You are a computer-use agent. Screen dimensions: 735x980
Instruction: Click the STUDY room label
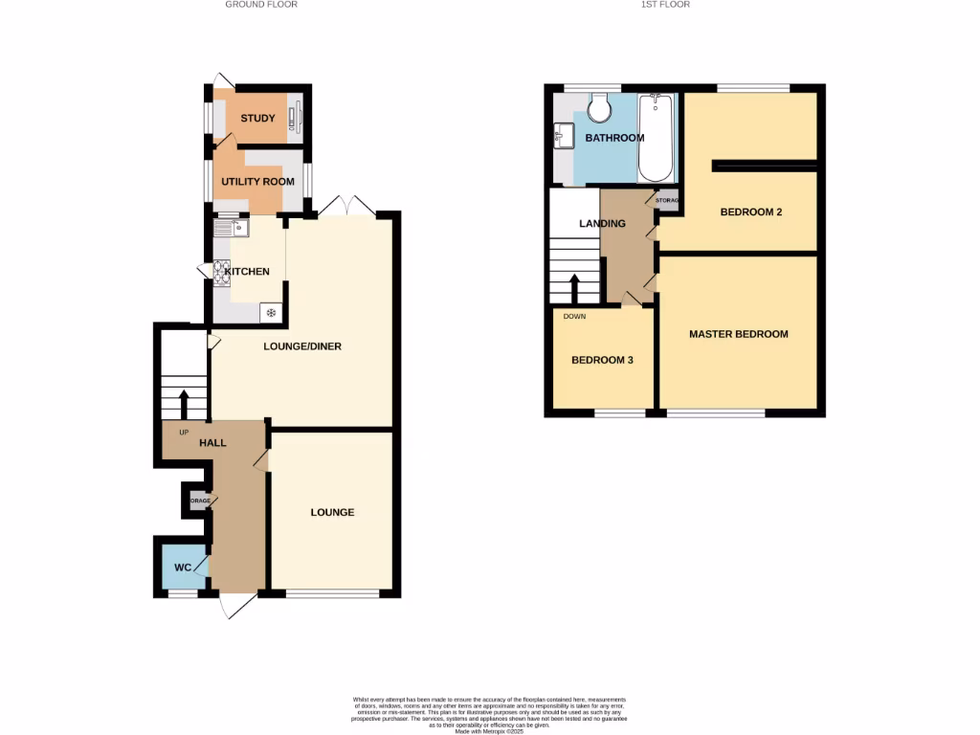(257, 119)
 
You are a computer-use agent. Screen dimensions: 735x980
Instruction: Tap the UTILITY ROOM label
(256, 181)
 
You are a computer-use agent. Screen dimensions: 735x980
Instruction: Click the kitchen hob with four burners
(221, 272)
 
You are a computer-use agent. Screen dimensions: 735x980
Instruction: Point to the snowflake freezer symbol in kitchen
(271, 313)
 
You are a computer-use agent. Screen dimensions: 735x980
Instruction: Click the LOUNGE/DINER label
(302, 346)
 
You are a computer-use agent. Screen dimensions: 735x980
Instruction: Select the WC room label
(183, 568)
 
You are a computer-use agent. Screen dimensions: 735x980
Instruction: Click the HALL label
(212, 444)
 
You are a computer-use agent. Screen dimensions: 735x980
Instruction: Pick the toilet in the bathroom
(600, 109)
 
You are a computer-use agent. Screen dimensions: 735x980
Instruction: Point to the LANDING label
(602, 224)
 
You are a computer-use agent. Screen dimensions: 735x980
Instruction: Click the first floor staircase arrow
(574, 286)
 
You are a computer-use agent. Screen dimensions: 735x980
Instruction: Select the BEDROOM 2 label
(751, 212)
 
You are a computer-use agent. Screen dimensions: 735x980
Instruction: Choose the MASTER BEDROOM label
(739, 334)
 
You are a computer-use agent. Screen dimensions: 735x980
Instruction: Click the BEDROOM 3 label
(602, 361)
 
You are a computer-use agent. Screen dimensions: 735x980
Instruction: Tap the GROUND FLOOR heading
(261, 5)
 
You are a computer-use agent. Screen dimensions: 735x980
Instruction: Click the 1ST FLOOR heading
(665, 5)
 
